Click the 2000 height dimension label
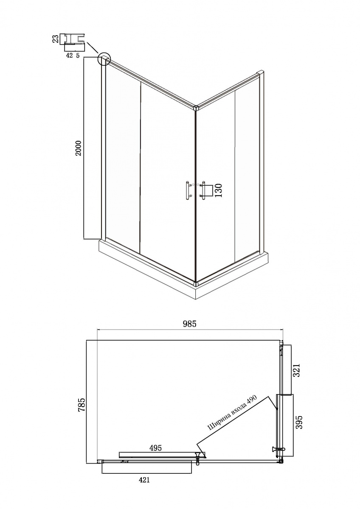point(79,148)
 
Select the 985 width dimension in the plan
point(189,324)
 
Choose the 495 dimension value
point(155,447)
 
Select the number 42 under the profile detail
point(70,56)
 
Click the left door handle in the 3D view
point(187,190)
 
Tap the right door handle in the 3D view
point(203,190)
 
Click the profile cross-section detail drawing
point(74,42)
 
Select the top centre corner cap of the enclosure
point(196,107)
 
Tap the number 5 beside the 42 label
point(78,56)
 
